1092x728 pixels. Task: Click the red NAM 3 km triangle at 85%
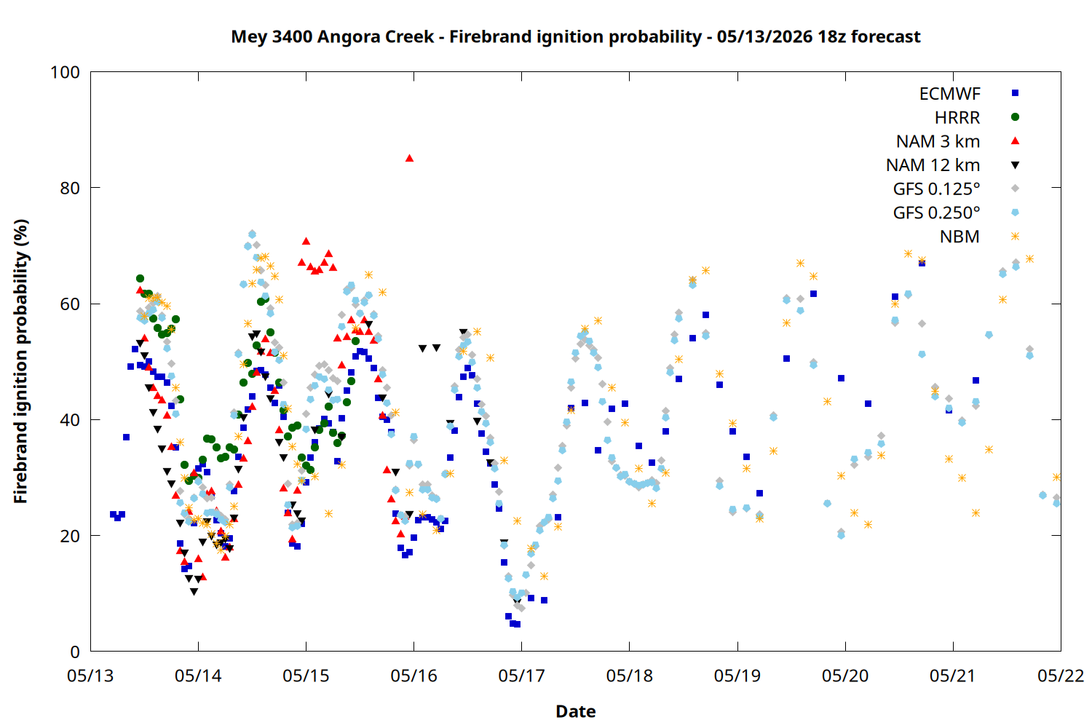pos(409,158)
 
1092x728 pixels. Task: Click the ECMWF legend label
pos(949,94)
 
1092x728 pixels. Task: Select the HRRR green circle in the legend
pos(1015,117)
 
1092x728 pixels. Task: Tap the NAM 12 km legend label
pos(933,165)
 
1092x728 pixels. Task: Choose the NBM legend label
pos(960,237)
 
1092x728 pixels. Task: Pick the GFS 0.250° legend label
pos(936,213)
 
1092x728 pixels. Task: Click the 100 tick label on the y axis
pos(65,72)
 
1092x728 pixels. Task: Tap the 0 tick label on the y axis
pos(75,652)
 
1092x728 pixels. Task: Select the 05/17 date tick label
pos(522,676)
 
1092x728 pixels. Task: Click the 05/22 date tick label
pos(1061,676)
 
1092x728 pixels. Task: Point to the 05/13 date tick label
pos(90,676)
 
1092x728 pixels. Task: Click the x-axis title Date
pos(576,711)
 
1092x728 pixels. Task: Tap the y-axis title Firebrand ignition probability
pos(20,361)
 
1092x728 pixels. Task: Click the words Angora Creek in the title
pos(376,36)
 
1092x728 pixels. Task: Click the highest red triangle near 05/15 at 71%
pos(306,241)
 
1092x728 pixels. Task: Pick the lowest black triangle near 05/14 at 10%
pos(194,592)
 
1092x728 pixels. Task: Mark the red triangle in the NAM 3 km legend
pos(1015,141)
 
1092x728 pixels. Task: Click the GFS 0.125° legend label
pos(936,189)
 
